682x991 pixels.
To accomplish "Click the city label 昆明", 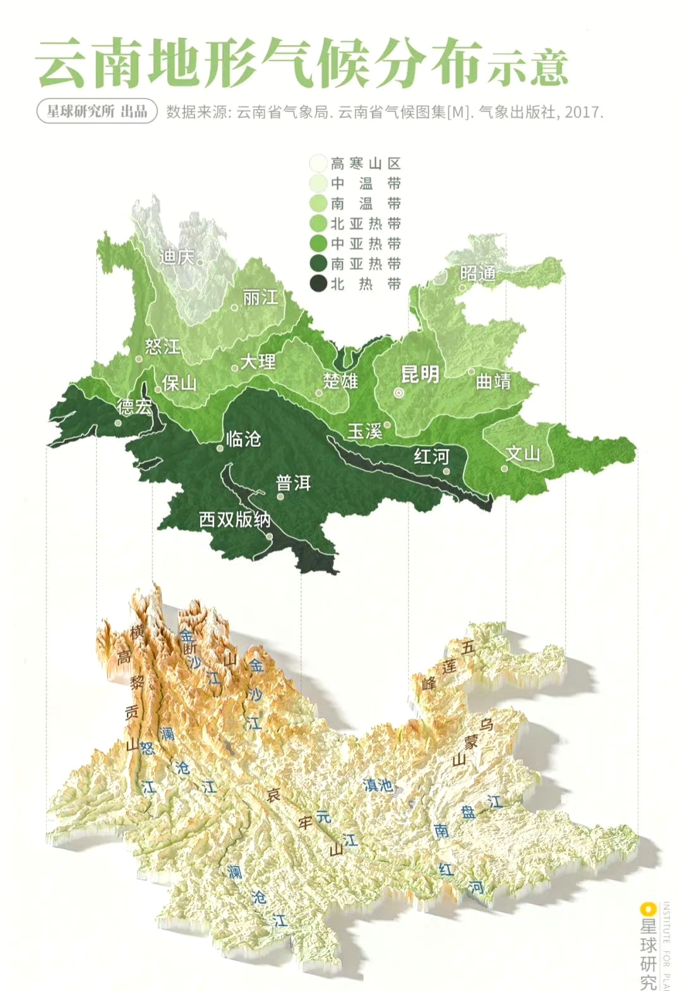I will click(420, 374).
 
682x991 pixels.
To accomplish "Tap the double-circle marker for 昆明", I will click(398, 393).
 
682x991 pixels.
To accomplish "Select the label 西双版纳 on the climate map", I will click(235, 519).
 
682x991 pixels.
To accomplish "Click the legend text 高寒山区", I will click(366, 164).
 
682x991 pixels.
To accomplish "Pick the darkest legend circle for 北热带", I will click(318, 284).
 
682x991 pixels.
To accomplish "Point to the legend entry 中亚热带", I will click(366, 244).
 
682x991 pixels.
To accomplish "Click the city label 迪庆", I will click(176, 257).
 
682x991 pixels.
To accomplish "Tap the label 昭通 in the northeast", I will click(477, 273).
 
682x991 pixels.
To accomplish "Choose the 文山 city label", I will click(522, 453).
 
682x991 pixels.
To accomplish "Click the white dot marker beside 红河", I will click(446, 471).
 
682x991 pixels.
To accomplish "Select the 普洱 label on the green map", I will click(293, 484).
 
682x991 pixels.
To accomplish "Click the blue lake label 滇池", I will click(378, 785).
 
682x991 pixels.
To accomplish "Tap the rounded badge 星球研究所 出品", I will click(97, 112).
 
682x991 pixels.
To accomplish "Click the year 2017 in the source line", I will click(583, 112).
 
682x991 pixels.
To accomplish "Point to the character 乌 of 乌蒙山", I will click(487, 724).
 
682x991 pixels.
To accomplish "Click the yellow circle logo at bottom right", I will click(646, 909).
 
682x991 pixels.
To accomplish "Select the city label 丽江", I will click(260, 297).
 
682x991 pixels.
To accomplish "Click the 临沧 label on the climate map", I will click(243, 439).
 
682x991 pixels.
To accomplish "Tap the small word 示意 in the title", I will click(528, 67).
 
